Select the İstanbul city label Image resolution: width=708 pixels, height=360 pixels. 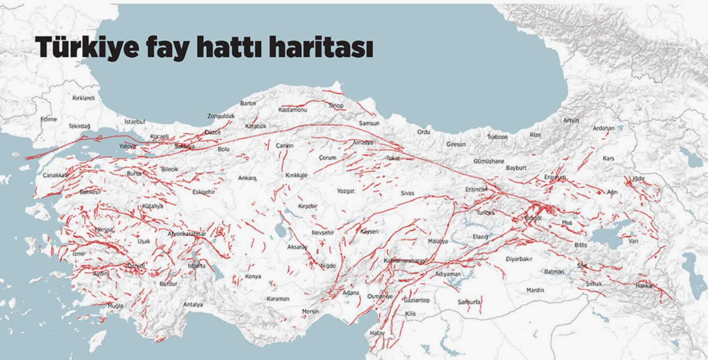(134, 122)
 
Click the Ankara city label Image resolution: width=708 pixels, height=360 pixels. (247, 178)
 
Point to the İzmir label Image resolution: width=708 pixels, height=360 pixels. (79, 254)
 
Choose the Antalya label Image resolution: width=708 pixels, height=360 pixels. (193, 305)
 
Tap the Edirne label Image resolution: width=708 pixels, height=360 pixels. (48, 119)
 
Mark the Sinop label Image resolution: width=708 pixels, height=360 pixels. (336, 106)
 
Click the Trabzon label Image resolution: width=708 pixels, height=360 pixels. (497, 137)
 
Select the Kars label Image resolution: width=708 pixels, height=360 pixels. (608, 159)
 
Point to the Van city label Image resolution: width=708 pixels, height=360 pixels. (633, 241)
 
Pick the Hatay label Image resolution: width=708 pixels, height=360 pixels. (377, 333)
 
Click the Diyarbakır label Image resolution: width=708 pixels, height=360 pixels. (519, 259)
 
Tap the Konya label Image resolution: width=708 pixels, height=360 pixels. (253, 277)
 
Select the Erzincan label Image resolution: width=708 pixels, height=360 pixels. (476, 190)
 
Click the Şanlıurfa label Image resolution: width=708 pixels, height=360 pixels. (469, 302)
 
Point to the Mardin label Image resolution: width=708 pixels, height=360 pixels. (535, 290)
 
